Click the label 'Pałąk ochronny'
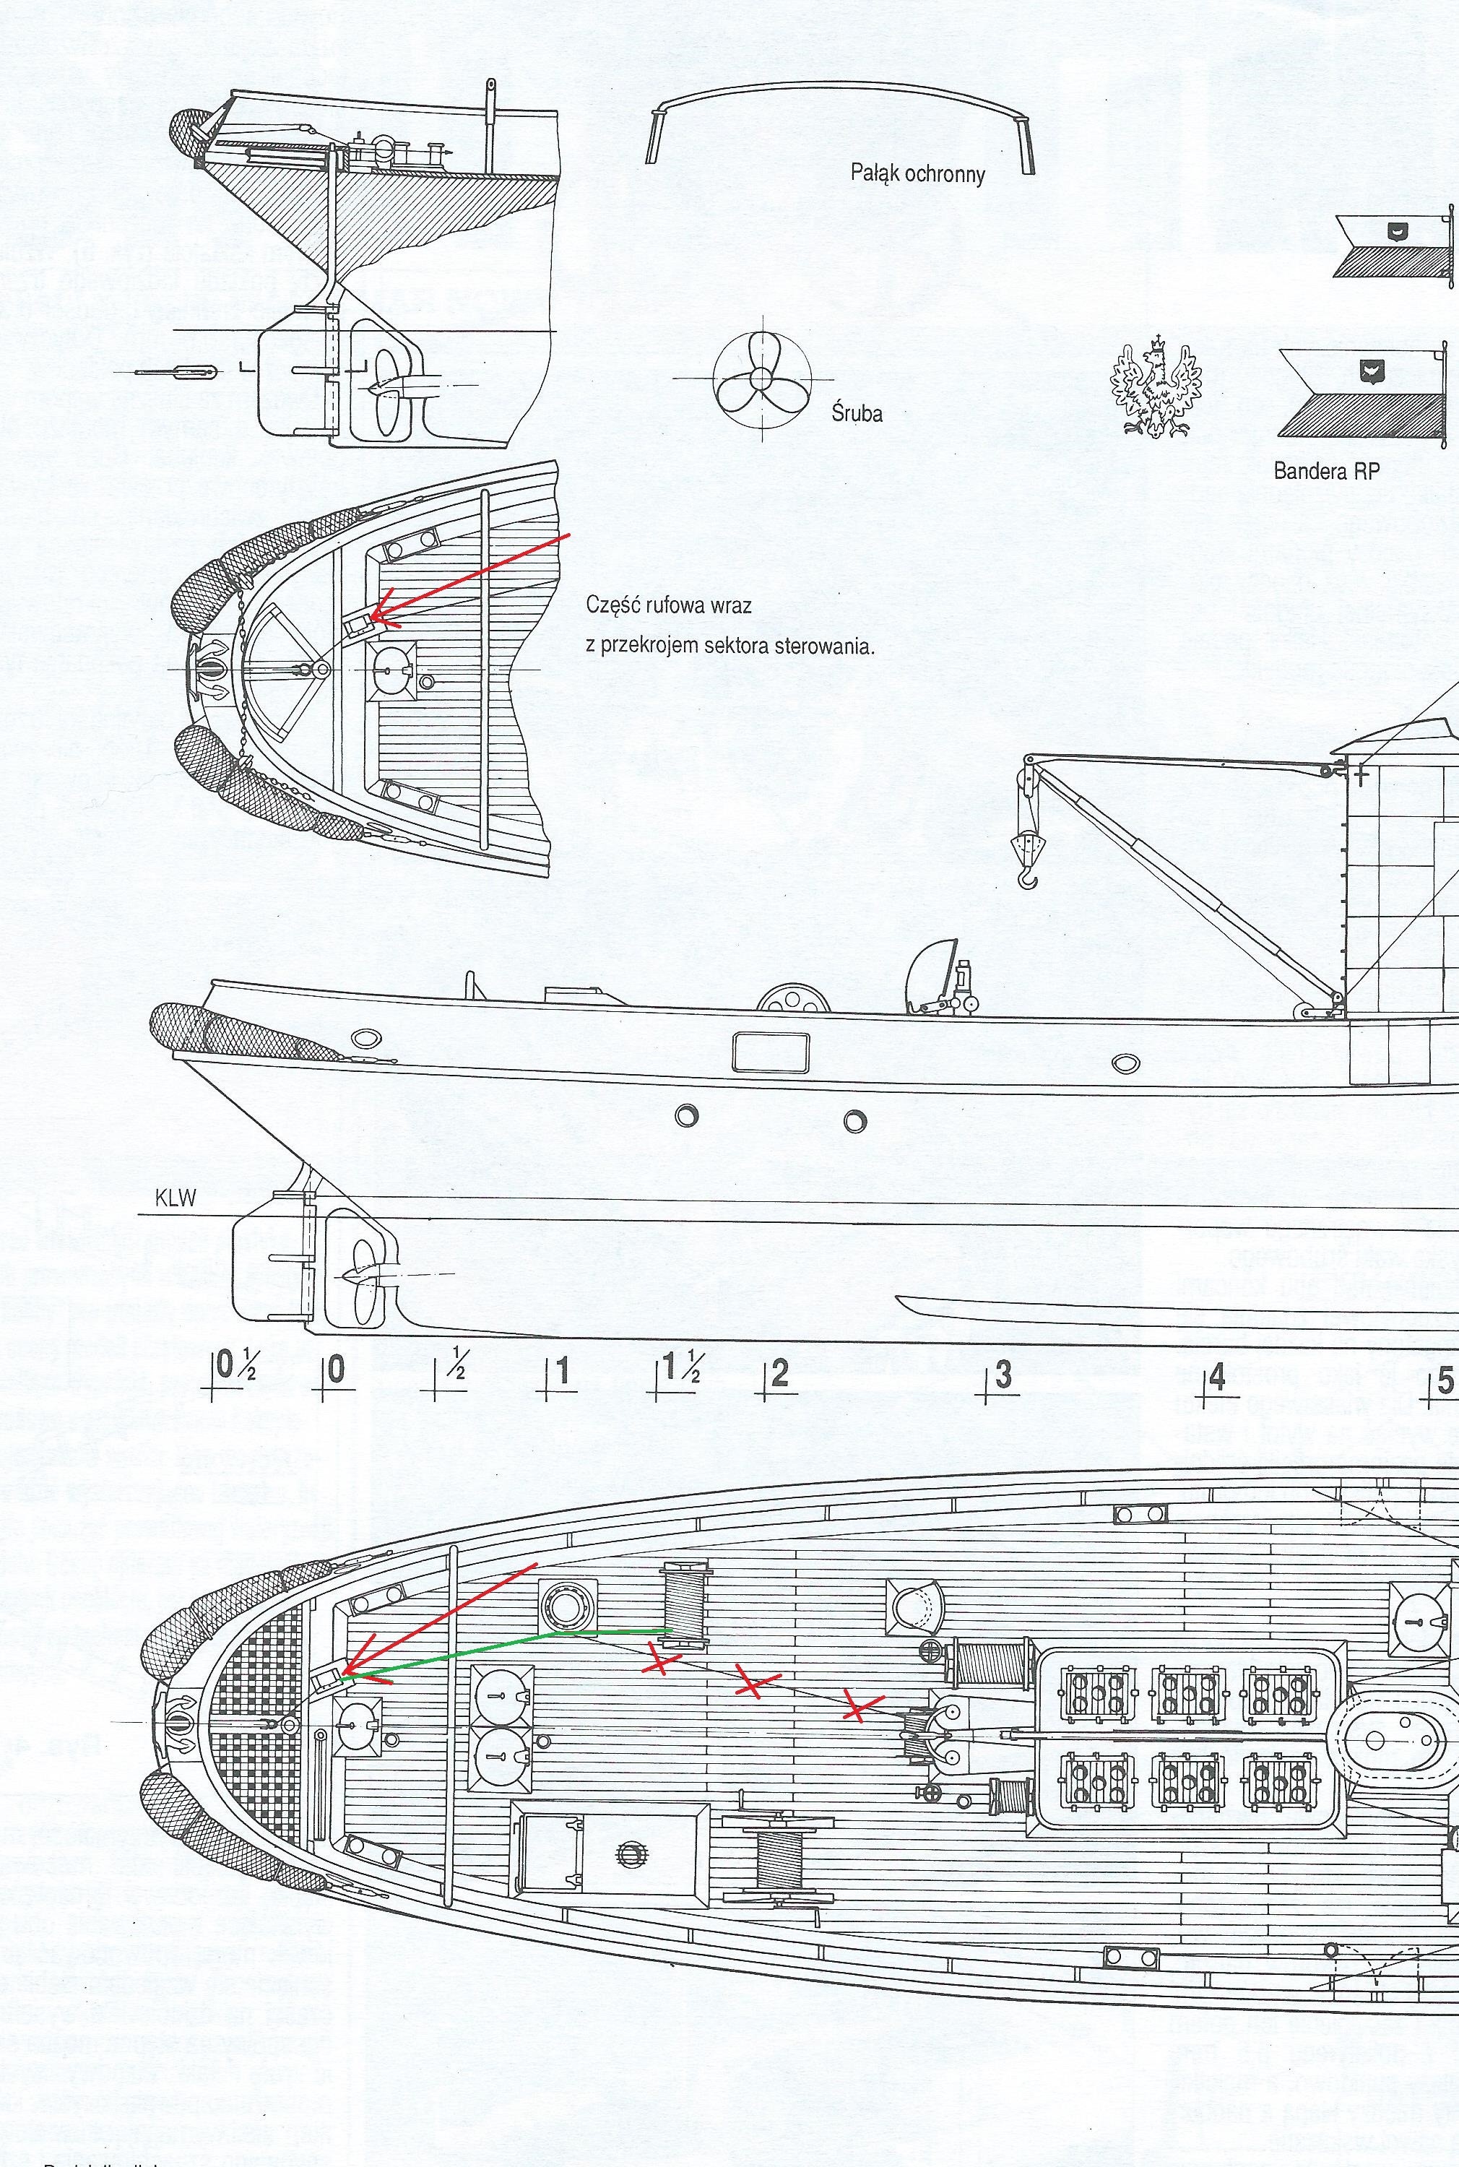(917, 174)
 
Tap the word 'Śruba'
(857, 413)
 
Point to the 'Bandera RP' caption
(1326, 471)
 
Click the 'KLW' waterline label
(177, 1198)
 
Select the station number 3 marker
(1001, 1377)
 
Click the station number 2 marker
(778, 1373)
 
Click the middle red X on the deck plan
(758, 1679)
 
